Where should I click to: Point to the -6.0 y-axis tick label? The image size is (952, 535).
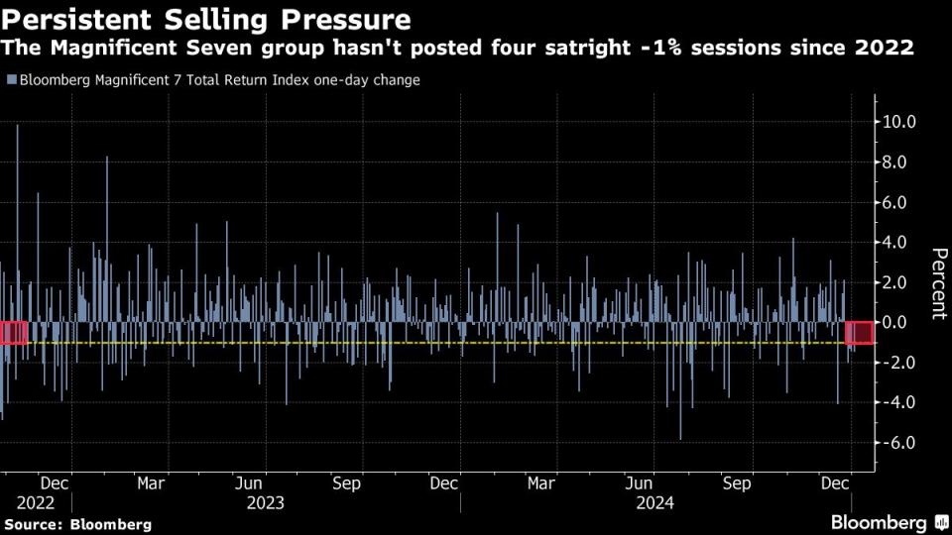(897, 443)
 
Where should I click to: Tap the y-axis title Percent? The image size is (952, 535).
(935, 282)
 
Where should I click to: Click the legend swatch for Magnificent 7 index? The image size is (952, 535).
(11, 80)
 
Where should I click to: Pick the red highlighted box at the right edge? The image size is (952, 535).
(860, 333)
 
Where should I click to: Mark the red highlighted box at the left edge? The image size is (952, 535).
(13, 333)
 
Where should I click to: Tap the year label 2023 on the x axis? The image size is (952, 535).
(265, 502)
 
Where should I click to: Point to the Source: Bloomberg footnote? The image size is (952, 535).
(78, 523)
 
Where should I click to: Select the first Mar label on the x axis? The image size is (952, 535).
(151, 483)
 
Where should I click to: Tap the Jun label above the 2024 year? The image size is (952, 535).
(641, 483)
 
